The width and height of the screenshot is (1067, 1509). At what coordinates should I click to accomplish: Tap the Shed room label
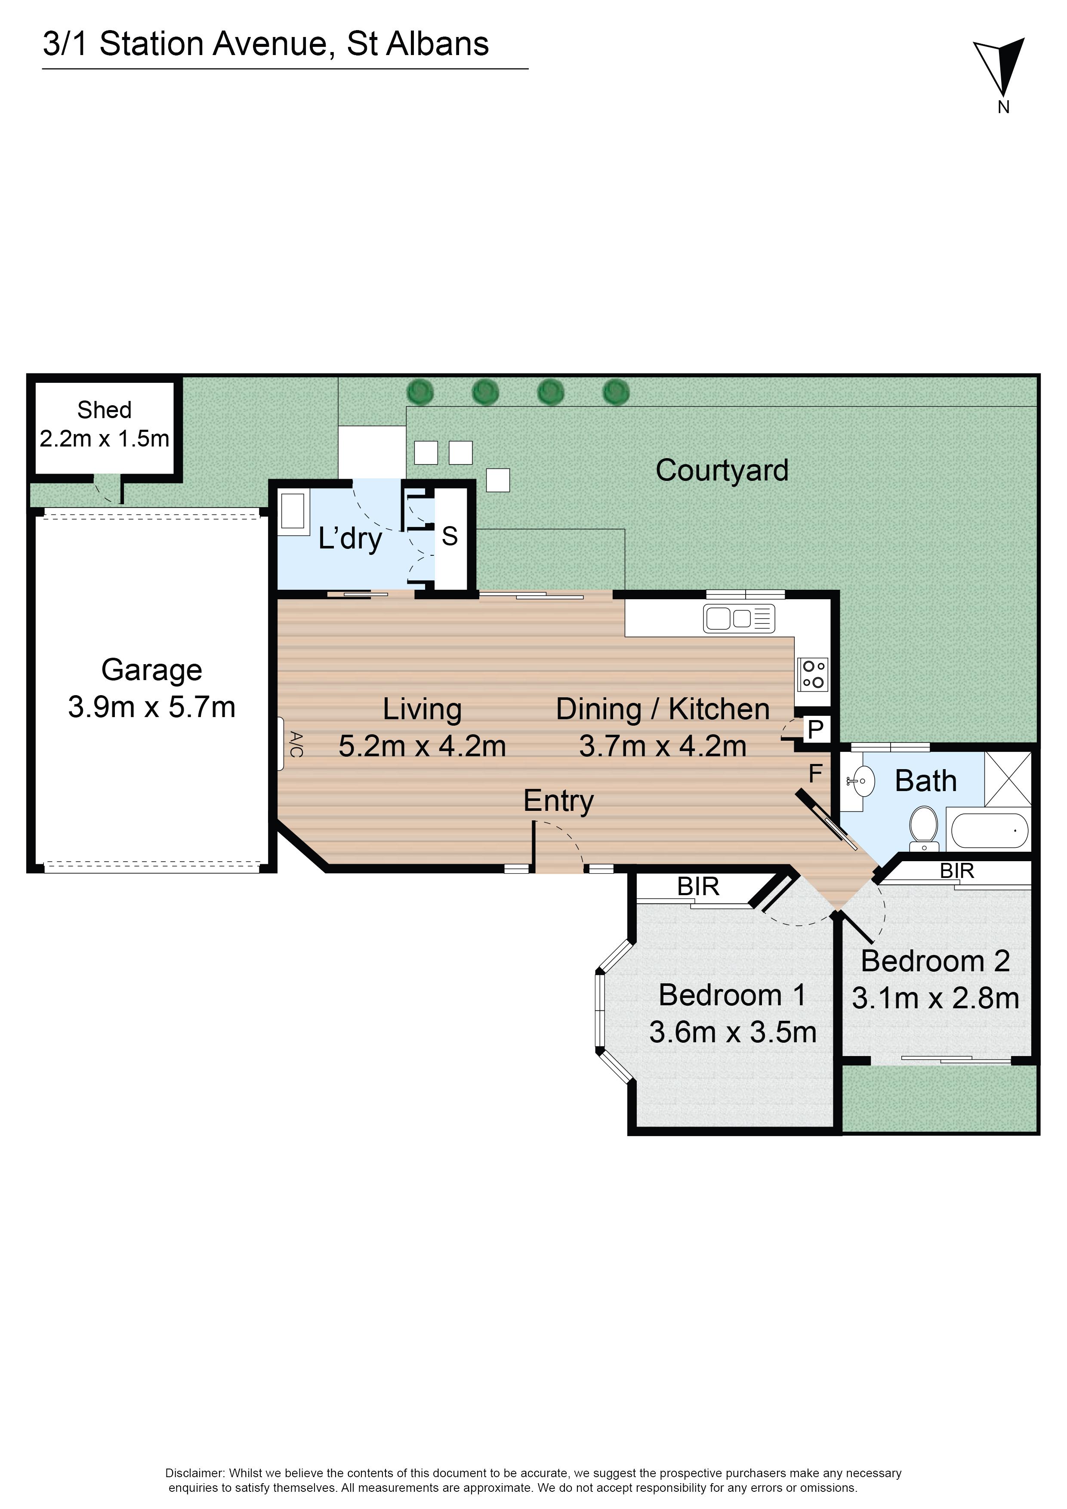click(x=105, y=410)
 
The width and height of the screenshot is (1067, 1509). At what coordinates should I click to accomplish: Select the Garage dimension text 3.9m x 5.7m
click(x=152, y=707)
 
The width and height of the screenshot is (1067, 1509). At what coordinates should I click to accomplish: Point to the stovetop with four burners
click(x=813, y=674)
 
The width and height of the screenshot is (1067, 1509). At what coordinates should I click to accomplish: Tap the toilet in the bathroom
click(x=924, y=825)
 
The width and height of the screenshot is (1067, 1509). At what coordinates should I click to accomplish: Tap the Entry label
click(x=558, y=801)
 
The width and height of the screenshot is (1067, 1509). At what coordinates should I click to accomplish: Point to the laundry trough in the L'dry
click(x=295, y=511)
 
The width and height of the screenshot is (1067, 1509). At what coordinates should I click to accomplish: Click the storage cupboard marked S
click(x=450, y=536)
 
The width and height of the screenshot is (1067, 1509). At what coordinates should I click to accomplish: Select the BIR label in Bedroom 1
click(x=698, y=887)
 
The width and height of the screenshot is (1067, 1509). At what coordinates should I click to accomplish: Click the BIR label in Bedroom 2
click(x=956, y=871)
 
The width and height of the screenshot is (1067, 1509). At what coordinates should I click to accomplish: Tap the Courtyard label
click(x=722, y=471)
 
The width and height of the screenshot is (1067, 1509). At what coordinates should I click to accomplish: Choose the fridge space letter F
click(x=815, y=774)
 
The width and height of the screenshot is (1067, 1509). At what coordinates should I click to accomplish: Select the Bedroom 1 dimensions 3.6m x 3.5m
click(x=733, y=1032)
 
